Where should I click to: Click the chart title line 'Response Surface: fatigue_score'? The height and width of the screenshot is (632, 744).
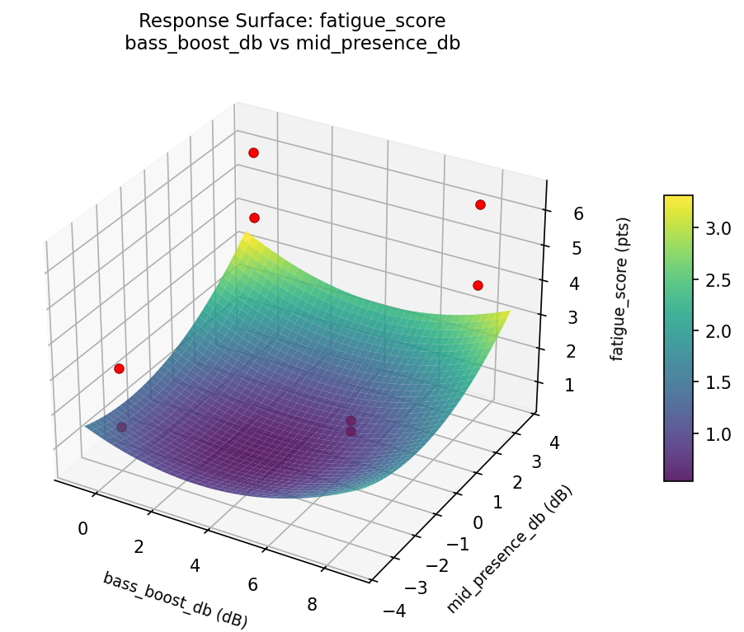pyautogui.click(x=292, y=21)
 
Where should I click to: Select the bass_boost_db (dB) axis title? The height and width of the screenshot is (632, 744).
pyautogui.click(x=175, y=600)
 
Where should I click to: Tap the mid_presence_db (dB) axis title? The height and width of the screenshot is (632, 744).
pyautogui.click(x=510, y=550)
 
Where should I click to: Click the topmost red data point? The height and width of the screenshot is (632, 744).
pyautogui.click(x=253, y=152)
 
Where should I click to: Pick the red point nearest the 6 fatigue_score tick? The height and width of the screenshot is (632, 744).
pyautogui.click(x=480, y=204)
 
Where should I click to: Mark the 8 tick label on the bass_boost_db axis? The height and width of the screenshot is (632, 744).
pyautogui.click(x=313, y=605)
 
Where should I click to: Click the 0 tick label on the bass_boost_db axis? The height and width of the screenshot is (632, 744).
pyautogui.click(x=82, y=528)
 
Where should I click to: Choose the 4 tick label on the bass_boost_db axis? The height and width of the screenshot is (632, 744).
pyautogui.click(x=195, y=565)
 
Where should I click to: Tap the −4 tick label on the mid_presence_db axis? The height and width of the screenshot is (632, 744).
pyautogui.click(x=395, y=611)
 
